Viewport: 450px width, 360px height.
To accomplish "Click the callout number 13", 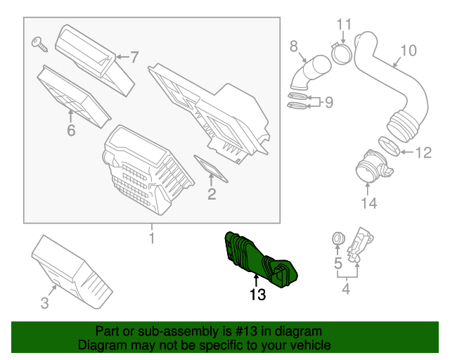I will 257,295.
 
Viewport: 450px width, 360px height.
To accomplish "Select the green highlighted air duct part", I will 257,259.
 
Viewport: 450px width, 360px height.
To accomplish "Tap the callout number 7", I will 134,56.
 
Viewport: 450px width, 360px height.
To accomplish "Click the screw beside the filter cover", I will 39,44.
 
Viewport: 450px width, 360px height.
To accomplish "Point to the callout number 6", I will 70,130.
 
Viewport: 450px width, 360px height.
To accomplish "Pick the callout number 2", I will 211,193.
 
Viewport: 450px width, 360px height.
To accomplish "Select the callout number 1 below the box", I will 151,239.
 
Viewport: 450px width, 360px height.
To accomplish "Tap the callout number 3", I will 44,303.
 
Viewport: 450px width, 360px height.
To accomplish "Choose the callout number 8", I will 294,46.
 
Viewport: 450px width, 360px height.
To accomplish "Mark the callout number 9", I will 328,103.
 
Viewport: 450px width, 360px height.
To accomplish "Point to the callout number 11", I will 342,25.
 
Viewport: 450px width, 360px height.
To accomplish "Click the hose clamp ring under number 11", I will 341,52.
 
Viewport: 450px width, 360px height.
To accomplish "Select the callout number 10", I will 409,51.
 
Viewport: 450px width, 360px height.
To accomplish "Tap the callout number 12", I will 423,152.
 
